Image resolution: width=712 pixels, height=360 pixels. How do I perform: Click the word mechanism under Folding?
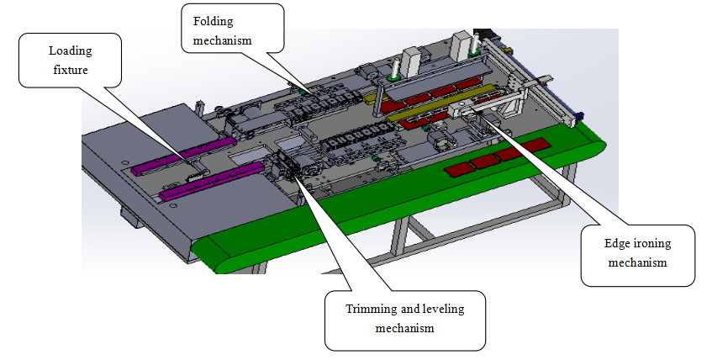223,39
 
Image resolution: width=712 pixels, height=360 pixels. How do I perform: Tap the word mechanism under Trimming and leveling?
404,327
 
